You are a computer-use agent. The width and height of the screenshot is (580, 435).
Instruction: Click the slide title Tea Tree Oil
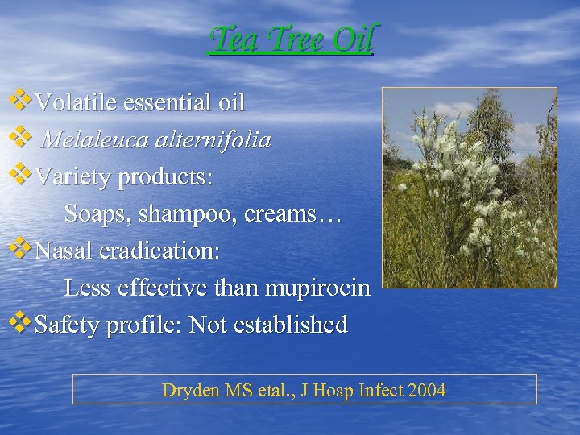coord(291,38)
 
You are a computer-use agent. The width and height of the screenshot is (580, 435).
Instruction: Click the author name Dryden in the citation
coord(190,391)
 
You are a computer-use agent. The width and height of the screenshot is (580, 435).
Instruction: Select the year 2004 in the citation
coord(426,391)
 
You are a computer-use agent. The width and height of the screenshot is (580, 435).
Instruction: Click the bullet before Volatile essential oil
coord(20,101)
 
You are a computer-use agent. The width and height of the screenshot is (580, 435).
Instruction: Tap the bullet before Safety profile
coord(20,323)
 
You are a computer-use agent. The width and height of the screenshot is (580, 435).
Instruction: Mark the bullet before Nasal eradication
coord(20,249)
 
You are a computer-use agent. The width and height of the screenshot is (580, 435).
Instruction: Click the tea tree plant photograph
coord(469,187)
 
